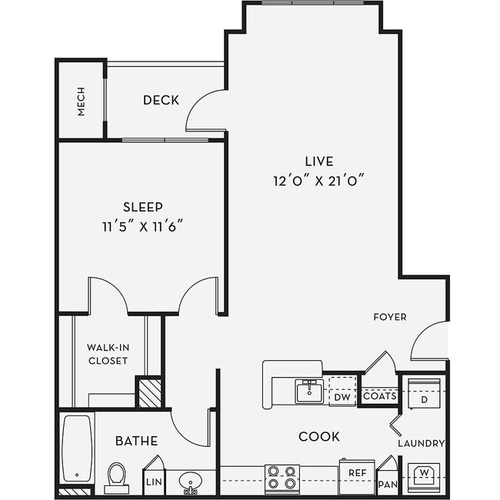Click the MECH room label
[81, 101]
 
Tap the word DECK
[161, 100]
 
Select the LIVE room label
[318, 162]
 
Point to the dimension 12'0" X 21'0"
[318, 182]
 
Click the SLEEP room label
[143, 207]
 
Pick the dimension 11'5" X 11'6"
[143, 227]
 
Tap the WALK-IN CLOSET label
[108, 354]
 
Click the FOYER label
[390, 317]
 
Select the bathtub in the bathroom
[77, 448]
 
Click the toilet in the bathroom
[117, 477]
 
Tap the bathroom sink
[190, 483]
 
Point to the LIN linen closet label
[153, 483]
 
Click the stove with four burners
[282, 478]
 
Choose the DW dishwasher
[342, 397]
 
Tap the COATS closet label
[379, 397]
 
